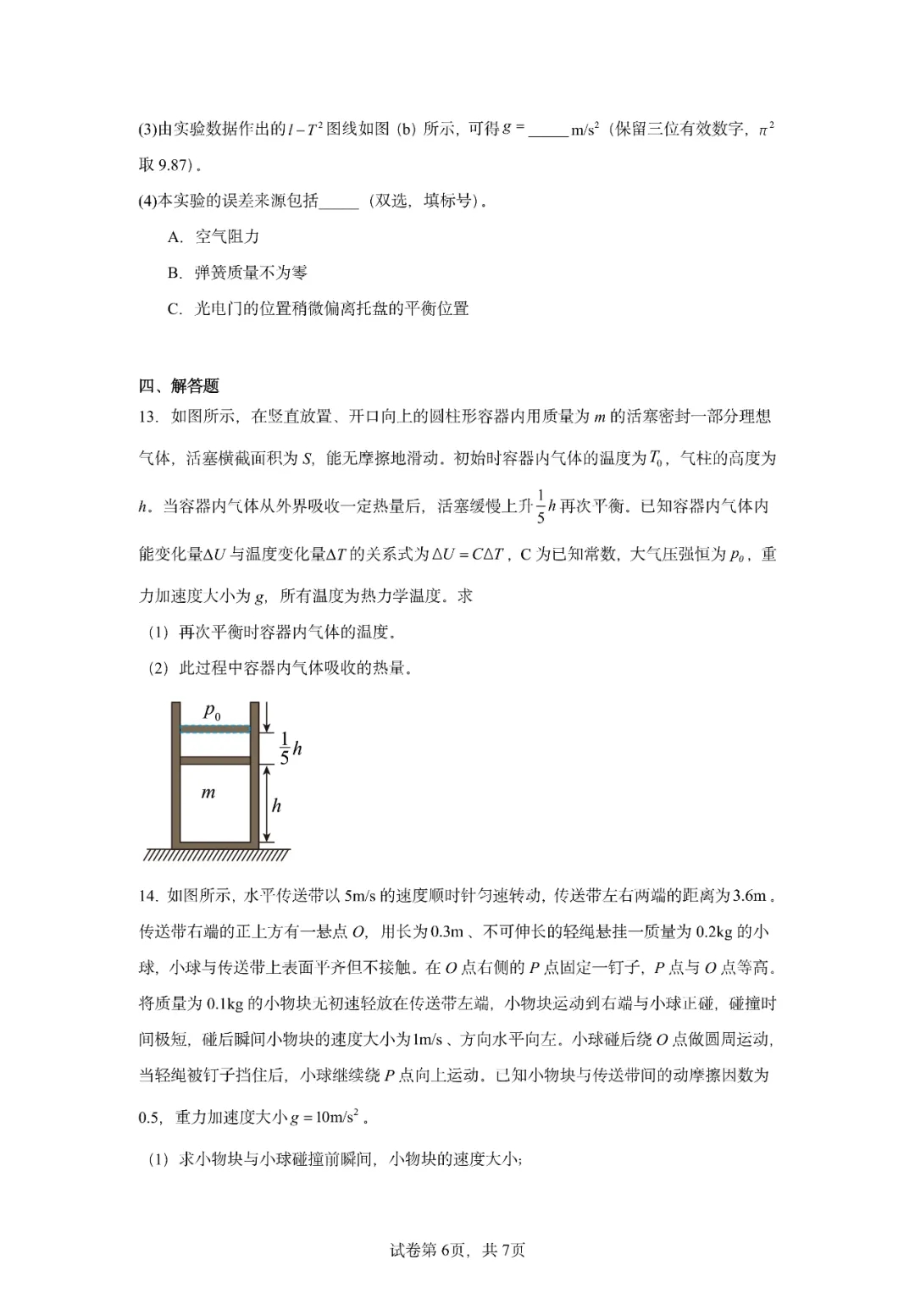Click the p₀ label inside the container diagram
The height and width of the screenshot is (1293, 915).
[212, 713]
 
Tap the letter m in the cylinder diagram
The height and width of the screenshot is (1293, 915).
[208, 793]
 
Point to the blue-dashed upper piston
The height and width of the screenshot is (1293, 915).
[216, 728]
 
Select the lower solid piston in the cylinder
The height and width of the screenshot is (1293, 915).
[216, 760]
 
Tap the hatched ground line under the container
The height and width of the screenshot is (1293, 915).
[217, 854]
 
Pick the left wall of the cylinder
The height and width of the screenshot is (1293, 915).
[176, 775]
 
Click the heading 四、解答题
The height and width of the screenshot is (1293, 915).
[179, 386]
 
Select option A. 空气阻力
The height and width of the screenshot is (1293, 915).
[213, 237]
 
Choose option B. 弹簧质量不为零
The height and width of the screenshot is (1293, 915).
[237, 273]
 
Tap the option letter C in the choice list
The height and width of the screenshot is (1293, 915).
[174, 309]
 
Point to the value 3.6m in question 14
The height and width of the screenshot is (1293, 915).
[749, 896]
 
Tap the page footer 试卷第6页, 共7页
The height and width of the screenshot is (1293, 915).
[457, 1250]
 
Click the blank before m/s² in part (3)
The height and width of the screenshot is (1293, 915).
[547, 130]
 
